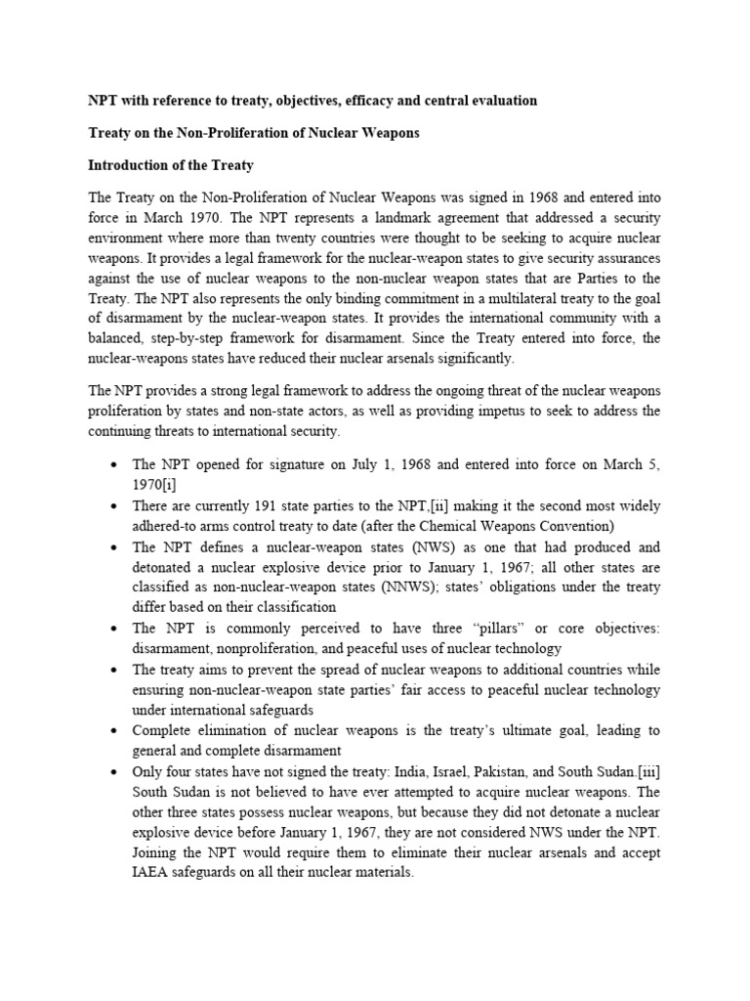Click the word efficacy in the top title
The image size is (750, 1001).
pos(362,101)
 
